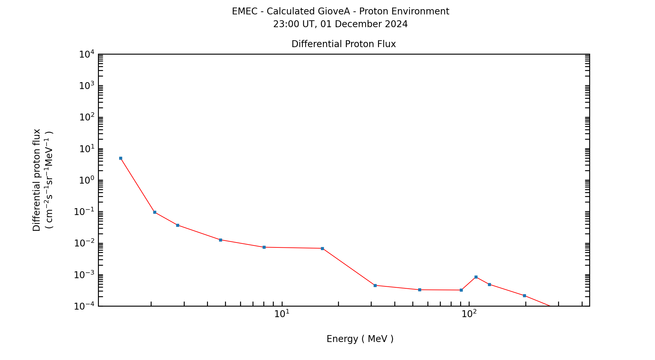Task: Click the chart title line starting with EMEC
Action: [x=340, y=11]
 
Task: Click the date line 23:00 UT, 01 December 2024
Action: [x=340, y=24]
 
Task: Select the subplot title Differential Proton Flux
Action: [x=344, y=44]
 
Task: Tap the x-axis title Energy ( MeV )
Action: [x=360, y=339]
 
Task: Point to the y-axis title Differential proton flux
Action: [x=37, y=180]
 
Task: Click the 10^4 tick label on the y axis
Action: [x=86, y=54]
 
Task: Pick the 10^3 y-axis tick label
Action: [x=86, y=86]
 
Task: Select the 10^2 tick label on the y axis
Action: [x=86, y=117]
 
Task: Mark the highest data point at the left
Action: [x=121, y=158]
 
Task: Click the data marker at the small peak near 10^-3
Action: [x=476, y=277]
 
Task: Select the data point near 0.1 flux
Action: [x=155, y=212]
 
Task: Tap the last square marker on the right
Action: [x=524, y=296]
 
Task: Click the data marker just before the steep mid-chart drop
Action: [x=322, y=249]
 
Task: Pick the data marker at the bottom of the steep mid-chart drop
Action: [x=375, y=286]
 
